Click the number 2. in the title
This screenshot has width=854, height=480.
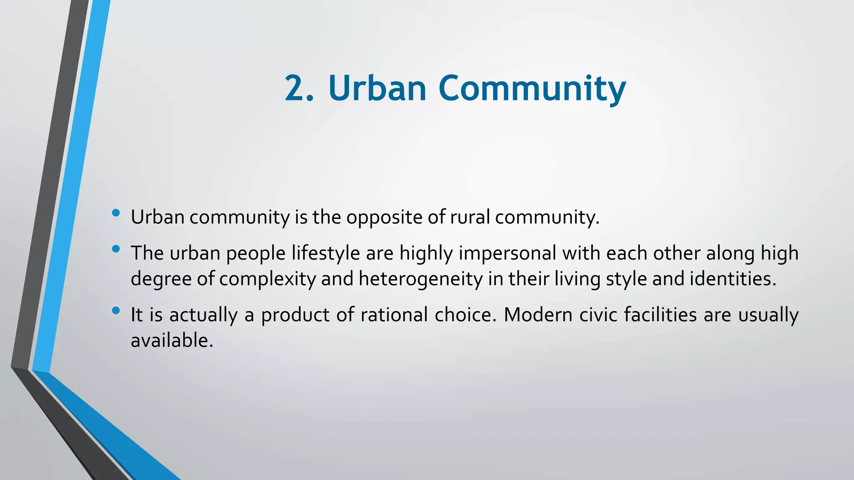(x=298, y=88)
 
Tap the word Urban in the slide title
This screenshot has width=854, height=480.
(x=377, y=88)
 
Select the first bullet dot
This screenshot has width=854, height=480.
(x=116, y=213)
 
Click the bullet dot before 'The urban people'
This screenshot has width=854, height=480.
(x=116, y=249)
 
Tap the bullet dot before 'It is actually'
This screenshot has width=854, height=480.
(x=116, y=310)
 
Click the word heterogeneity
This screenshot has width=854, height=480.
(x=420, y=279)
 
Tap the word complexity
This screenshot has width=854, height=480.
(x=267, y=279)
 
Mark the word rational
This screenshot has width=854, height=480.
(x=394, y=315)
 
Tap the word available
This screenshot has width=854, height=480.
(x=172, y=340)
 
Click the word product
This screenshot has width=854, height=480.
(x=295, y=315)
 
